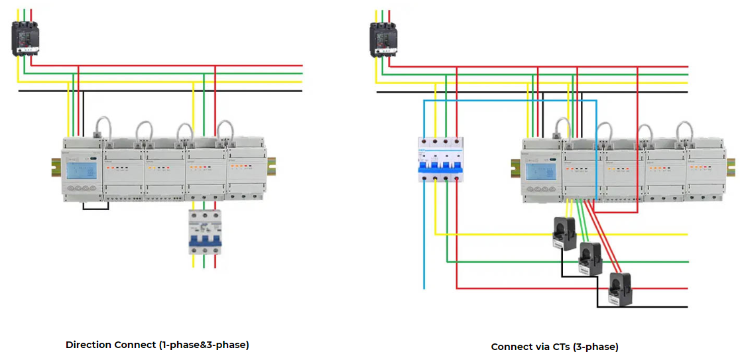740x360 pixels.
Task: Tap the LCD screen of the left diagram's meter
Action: click(78, 172)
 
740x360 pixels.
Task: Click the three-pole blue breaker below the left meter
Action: click(204, 233)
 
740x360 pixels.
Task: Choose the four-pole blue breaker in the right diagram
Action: click(440, 160)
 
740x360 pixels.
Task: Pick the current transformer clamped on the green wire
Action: click(589, 259)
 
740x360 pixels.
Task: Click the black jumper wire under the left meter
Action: click(95, 208)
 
